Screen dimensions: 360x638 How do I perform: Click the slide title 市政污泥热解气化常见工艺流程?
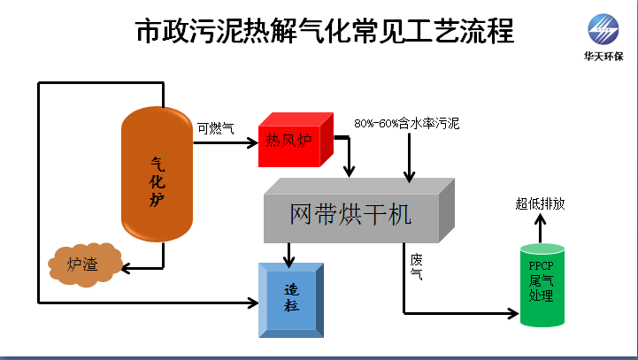click(x=324, y=33)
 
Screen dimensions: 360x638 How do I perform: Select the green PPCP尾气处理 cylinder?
click(x=541, y=283)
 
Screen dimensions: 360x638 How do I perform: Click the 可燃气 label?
click(x=215, y=129)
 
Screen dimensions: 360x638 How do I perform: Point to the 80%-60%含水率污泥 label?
click(x=406, y=123)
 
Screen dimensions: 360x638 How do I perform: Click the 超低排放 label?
click(x=540, y=203)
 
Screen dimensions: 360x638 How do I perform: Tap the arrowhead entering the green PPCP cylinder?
click(x=512, y=312)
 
